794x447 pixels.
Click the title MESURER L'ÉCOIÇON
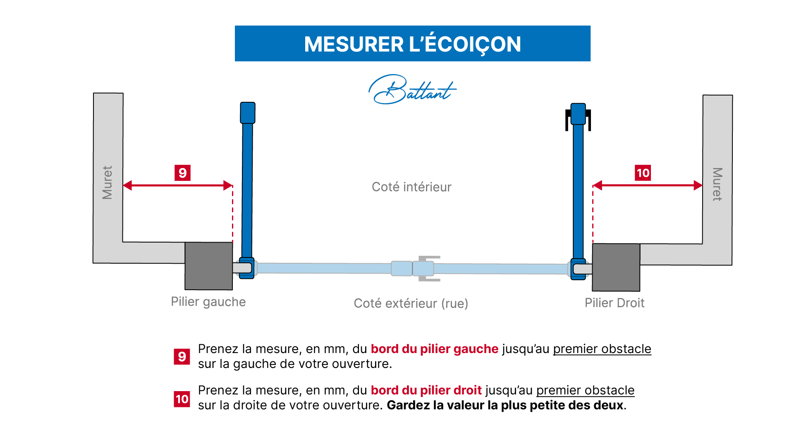412,44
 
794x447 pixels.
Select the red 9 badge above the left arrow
182,173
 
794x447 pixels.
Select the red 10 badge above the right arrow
643,173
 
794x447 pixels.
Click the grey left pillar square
208,266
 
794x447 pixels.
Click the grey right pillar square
616,267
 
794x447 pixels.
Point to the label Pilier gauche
208,302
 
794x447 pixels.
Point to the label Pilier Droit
614,303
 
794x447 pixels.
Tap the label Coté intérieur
411,187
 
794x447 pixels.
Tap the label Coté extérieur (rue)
411,303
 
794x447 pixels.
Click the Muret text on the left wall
108,183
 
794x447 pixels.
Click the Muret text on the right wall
717,184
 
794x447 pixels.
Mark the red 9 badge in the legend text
182,356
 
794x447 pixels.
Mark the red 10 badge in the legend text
182,399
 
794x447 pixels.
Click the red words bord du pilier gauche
434,349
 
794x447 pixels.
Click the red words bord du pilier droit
426,390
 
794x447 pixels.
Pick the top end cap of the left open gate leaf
247,113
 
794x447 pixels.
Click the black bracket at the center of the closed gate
429,269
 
